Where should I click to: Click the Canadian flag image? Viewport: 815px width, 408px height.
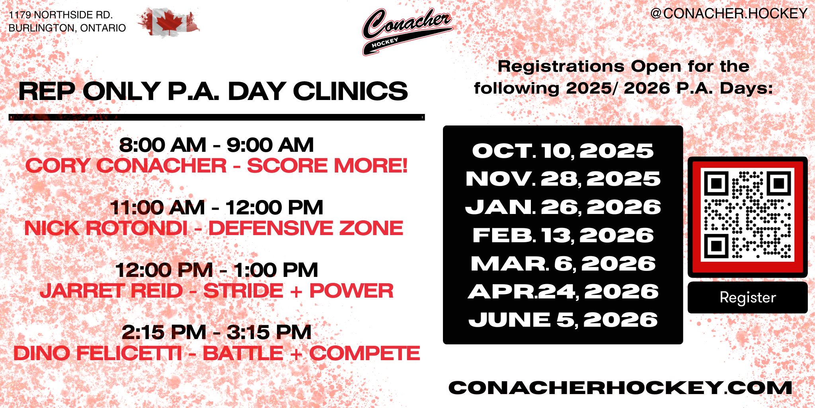point(169,22)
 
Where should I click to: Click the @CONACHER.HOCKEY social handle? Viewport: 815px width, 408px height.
point(729,14)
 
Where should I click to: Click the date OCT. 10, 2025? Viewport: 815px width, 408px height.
point(563,151)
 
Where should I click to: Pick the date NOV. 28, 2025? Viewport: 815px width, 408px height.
point(563,179)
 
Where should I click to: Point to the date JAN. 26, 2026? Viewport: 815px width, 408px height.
point(563,207)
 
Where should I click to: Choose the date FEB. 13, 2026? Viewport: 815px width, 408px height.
point(563,235)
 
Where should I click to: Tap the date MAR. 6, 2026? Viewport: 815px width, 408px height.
point(563,264)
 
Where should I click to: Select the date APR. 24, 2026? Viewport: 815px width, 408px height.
point(563,292)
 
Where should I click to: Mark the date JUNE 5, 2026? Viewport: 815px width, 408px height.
point(563,320)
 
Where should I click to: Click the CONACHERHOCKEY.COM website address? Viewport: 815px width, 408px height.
point(620,388)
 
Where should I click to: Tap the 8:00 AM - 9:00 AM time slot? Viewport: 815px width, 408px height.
point(216,145)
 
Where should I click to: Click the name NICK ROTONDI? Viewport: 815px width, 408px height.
point(106,228)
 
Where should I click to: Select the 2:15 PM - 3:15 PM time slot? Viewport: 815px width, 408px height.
point(216,332)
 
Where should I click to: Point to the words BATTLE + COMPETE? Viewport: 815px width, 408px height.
point(311,353)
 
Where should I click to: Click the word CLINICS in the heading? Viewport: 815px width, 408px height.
point(350,91)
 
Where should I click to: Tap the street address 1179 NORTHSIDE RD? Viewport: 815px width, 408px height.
point(61,15)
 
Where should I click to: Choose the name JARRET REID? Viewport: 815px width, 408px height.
point(111,291)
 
